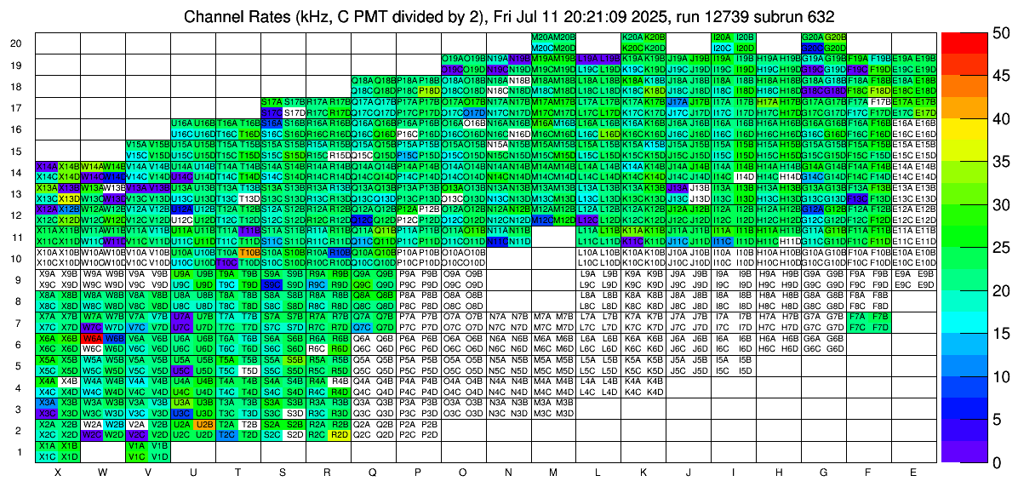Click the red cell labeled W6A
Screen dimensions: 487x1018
(x=92, y=337)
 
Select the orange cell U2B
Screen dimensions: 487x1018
(x=204, y=423)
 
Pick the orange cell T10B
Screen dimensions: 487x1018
(x=249, y=252)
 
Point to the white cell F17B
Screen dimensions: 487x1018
(x=881, y=101)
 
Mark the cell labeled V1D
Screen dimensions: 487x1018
(x=158, y=455)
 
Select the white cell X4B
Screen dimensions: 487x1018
(x=69, y=381)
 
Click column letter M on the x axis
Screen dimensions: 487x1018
(x=553, y=472)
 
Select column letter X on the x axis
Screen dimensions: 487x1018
(x=57, y=472)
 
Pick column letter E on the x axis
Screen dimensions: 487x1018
(x=913, y=472)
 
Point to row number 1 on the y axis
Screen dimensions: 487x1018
(x=19, y=451)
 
